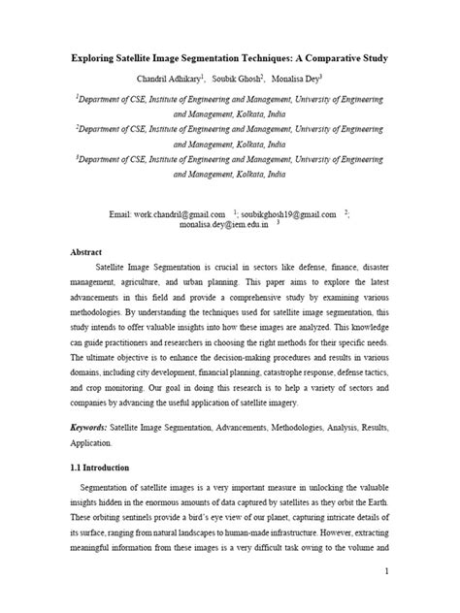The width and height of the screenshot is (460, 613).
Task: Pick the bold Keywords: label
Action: (x=93, y=427)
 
